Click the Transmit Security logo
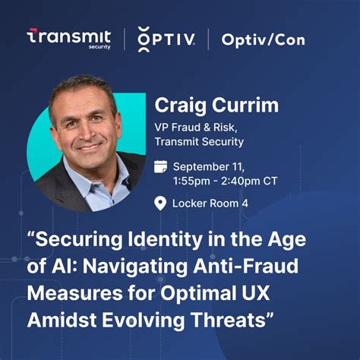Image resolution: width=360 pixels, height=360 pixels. click(69, 39)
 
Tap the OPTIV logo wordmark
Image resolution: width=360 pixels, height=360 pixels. click(166, 37)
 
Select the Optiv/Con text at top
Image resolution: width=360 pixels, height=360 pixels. click(264, 38)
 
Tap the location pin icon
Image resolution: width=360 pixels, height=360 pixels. click(160, 202)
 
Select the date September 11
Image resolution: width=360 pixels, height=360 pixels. click(210, 166)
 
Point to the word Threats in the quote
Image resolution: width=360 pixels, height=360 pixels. click(233, 317)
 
